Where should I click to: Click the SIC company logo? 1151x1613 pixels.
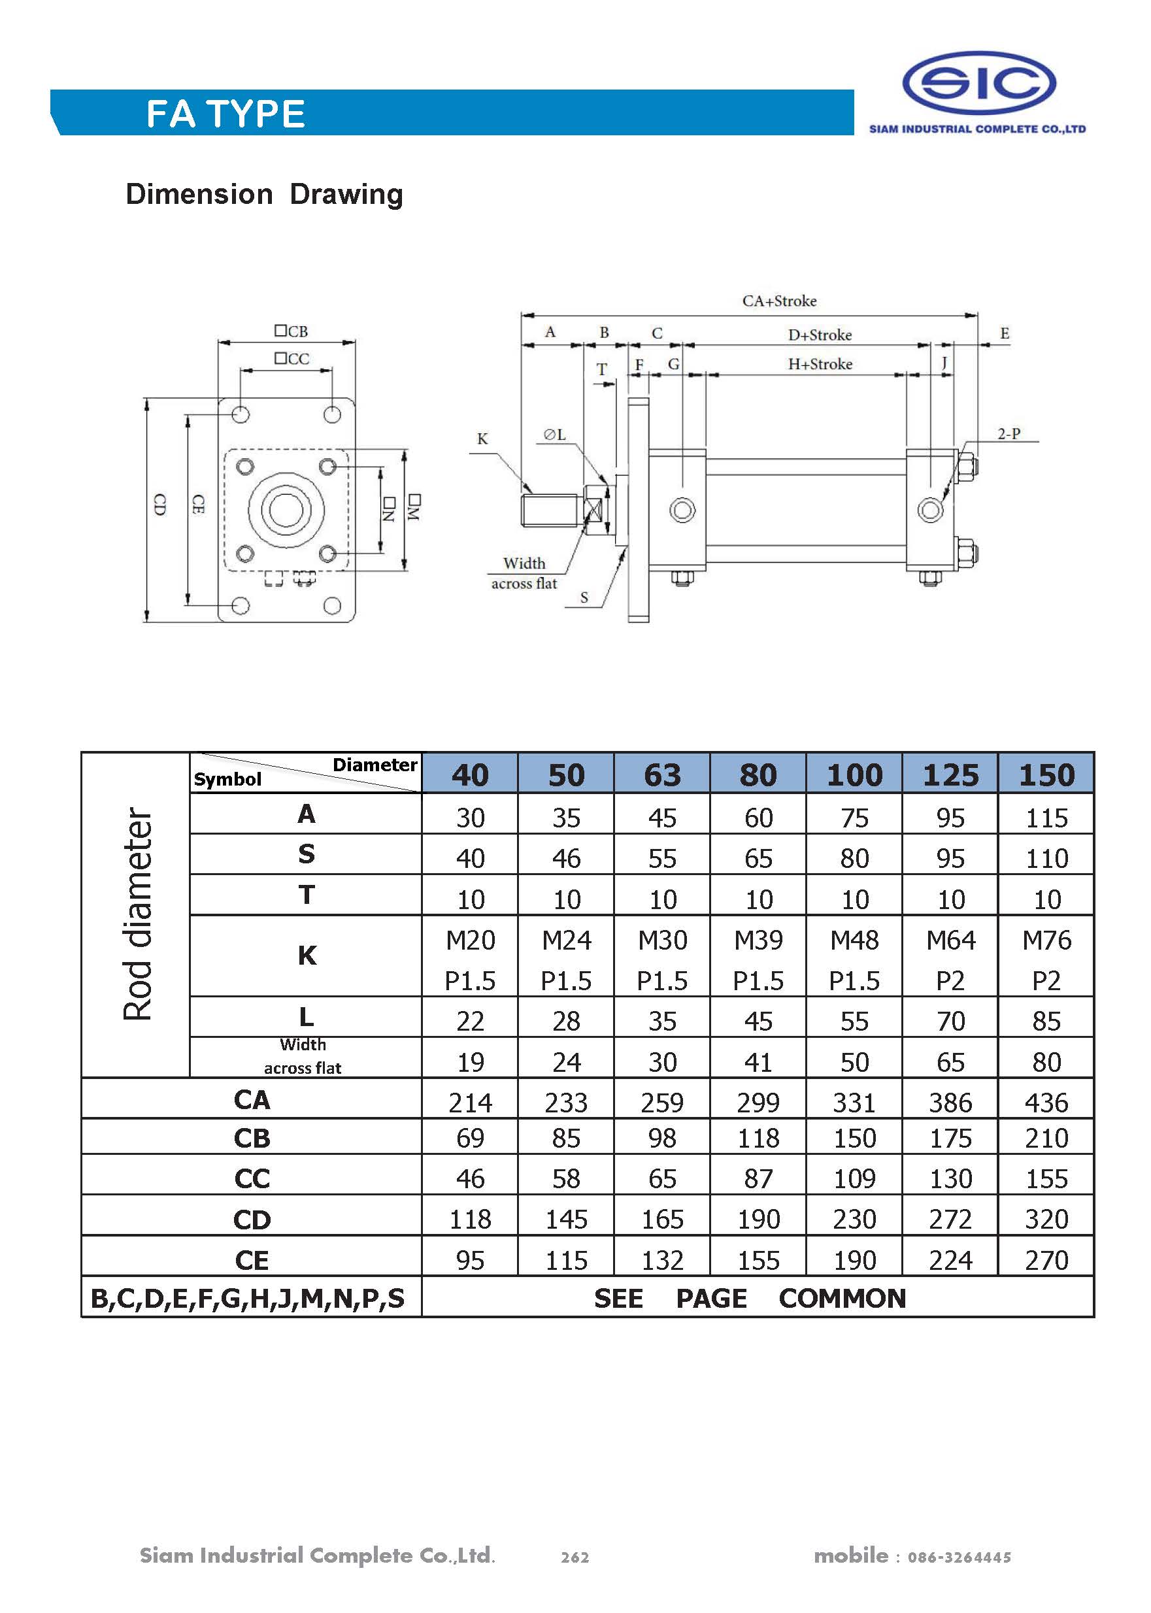coord(979,84)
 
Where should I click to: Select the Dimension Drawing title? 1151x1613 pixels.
coord(263,194)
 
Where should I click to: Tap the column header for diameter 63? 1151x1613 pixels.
coord(662,774)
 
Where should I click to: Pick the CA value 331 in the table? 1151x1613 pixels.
coord(854,1103)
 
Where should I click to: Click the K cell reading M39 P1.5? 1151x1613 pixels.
coord(758,959)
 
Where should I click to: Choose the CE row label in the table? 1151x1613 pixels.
coord(252,1260)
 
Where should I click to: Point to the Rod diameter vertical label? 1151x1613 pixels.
coord(137,914)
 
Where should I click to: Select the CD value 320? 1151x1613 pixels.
coord(1046,1219)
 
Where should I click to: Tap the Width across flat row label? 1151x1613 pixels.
coord(303,1056)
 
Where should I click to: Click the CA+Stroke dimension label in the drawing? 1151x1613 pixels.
coord(779,301)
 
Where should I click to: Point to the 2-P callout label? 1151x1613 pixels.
coord(1009,434)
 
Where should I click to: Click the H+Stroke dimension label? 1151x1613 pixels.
coord(820,364)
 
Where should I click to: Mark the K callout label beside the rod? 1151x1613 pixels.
coord(482,439)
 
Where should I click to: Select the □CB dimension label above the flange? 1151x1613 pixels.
coord(292,331)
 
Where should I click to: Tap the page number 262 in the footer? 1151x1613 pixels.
coord(575,1557)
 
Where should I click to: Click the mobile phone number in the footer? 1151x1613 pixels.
coord(959,1557)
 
